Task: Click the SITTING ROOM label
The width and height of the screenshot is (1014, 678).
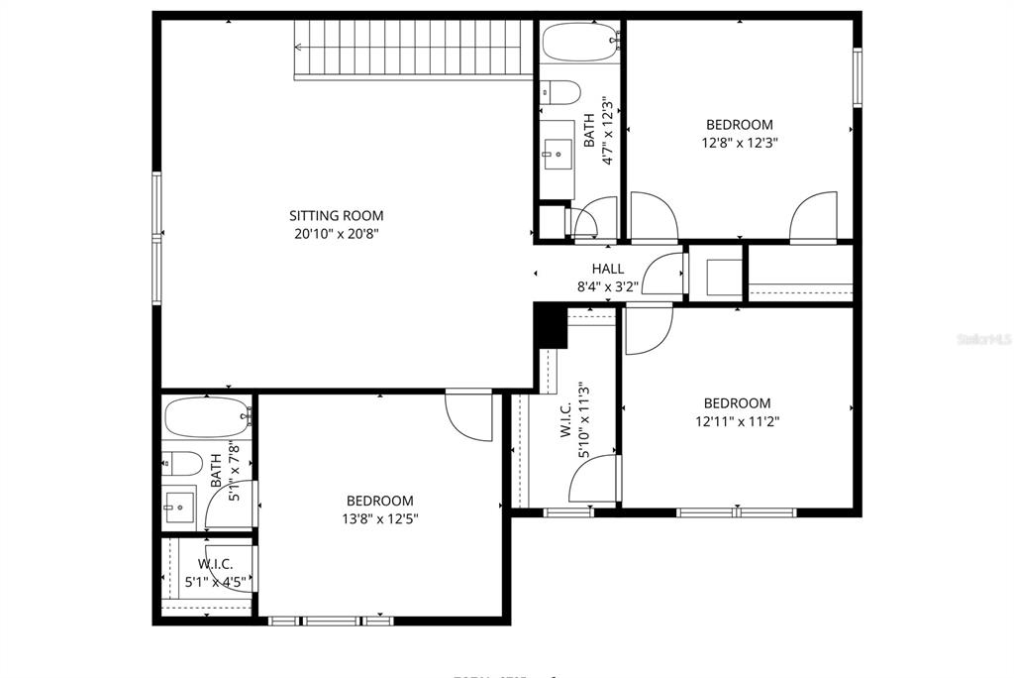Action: point(336,215)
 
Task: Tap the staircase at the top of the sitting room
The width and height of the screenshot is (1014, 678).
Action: point(411,50)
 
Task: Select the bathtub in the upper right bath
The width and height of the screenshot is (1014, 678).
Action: point(579,43)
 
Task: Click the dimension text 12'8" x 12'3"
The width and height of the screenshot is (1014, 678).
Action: point(739,142)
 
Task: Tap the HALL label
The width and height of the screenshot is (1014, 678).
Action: point(608,269)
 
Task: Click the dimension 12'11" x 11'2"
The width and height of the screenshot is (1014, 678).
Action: point(737,420)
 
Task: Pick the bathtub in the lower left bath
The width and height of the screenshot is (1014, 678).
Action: point(206,417)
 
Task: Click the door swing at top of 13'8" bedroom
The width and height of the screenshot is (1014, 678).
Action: point(469,415)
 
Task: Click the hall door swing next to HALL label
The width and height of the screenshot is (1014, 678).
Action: point(663,275)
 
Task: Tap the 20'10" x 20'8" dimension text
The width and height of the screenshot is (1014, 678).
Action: point(336,234)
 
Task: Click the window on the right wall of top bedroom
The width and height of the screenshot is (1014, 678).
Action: point(858,76)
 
